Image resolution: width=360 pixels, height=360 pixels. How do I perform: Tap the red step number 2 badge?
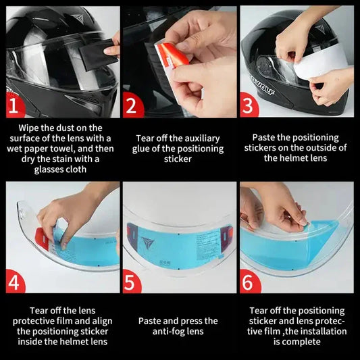(x=133, y=105)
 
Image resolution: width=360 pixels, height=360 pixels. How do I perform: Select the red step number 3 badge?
(x=250, y=105)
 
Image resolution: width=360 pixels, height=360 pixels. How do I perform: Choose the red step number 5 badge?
(x=133, y=281)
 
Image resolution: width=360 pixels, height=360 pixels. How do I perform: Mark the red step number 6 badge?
(x=250, y=281)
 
